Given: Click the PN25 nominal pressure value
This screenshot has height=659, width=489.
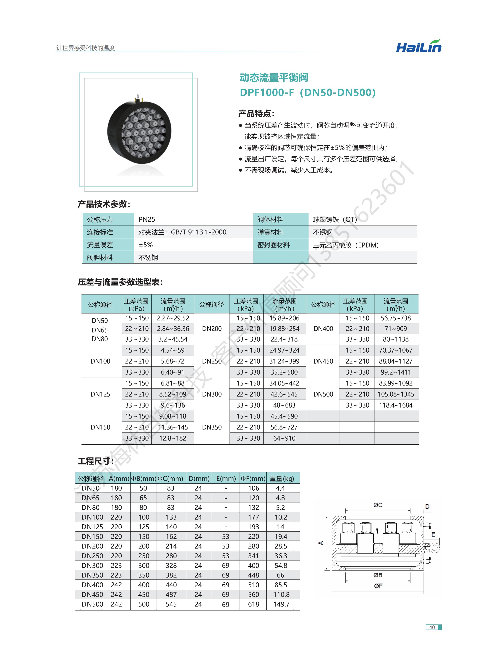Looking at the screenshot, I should click(x=147, y=219).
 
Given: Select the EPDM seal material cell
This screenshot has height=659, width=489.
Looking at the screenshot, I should click(x=346, y=245).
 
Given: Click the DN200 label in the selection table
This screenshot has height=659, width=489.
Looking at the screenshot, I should click(x=212, y=329).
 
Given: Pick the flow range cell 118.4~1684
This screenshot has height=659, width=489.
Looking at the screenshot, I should click(x=396, y=405).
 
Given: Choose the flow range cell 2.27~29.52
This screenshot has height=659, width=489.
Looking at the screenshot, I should click(x=173, y=318).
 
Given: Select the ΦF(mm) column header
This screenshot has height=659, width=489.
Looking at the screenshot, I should click(x=253, y=479).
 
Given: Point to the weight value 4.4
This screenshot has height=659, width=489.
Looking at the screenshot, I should click(x=280, y=488).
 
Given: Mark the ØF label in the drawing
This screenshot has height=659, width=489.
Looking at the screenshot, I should click(x=378, y=586).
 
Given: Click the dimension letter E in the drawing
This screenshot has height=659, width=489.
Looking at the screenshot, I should click(x=433, y=534).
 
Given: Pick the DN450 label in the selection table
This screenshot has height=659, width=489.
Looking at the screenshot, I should click(x=323, y=361).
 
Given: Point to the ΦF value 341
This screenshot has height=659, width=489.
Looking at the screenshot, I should click(x=253, y=556).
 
